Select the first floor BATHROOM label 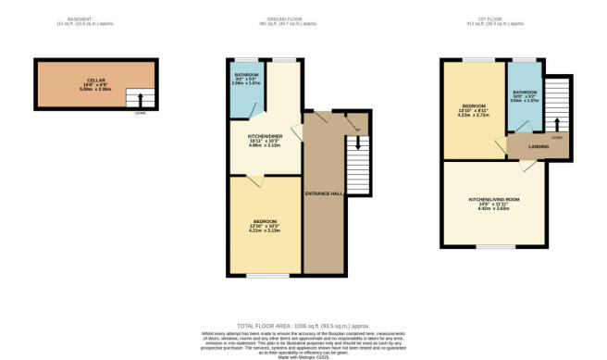click(525, 92)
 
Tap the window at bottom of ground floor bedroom click(263, 276)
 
